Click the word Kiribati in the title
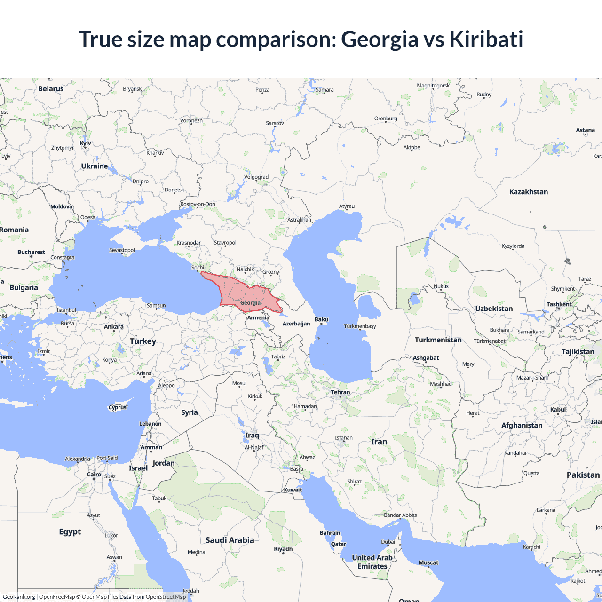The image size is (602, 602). click(x=486, y=39)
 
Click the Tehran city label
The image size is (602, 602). click(x=340, y=392)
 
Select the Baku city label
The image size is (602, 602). click(x=322, y=320)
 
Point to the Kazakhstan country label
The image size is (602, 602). click(x=528, y=192)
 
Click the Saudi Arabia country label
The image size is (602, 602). click(x=230, y=540)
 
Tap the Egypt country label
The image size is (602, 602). click(x=70, y=532)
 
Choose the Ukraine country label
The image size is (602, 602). click(x=94, y=166)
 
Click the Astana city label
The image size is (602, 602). click(x=585, y=130)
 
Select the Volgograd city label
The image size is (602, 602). click(x=256, y=177)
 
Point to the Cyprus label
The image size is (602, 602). click(x=118, y=407)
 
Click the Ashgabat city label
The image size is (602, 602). click(x=426, y=358)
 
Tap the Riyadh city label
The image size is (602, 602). click(x=283, y=549)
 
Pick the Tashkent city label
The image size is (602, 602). click(x=559, y=304)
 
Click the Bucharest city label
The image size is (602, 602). click(x=31, y=252)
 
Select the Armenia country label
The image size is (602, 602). click(x=258, y=318)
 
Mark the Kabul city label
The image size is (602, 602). click(x=558, y=410)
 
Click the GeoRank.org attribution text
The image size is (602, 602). click(x=19, y=597)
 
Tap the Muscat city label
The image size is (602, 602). click(x=428, y=562)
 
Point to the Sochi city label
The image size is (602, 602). click(x=198, y=268)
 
